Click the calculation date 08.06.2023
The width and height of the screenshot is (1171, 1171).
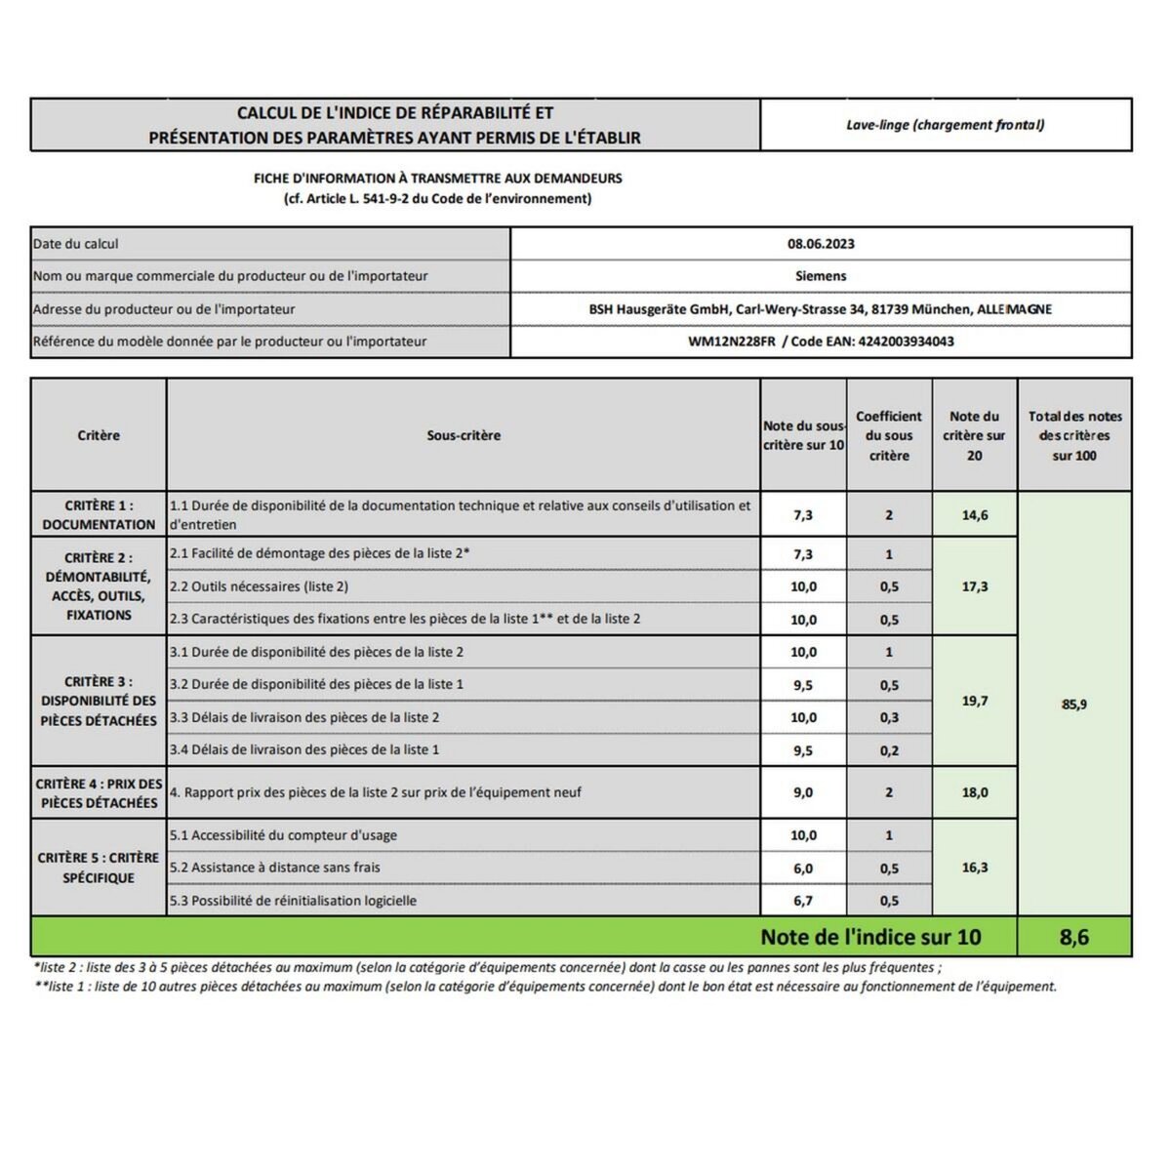[x=821, y=244]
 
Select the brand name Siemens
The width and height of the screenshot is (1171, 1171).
[x=821, y=276]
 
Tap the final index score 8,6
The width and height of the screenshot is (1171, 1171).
[x=1073, y=938]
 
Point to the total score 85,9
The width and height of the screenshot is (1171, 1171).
[x=1073, y=705]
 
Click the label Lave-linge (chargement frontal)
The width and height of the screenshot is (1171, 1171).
[x=945, y=125]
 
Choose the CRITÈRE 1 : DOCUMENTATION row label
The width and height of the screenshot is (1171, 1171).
[x=99, y=515]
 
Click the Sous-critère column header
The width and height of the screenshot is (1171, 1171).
[x=464, y=436]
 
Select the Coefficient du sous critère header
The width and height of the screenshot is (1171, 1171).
[x=888, y=436]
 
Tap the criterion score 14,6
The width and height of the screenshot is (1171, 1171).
[x=974, y=515]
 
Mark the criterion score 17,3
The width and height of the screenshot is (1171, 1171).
[x=974, y=586]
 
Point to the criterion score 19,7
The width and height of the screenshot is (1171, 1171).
[x=974, y=701]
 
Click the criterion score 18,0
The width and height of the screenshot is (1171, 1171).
[x=974, y=792]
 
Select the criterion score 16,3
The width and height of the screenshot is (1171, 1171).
[x=974, y=868]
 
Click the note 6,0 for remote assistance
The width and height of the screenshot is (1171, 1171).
[x=802, y=868]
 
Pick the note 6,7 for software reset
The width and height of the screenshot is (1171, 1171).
[x=802, y=901]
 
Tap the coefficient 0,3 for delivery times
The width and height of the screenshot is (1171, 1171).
[x=888, y=717]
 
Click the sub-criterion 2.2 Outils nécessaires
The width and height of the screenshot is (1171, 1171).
[x=259, y=586]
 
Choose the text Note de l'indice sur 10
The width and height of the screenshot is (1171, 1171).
[x=870, y=938]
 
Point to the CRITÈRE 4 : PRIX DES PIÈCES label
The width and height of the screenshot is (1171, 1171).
[x=99, y=793]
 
